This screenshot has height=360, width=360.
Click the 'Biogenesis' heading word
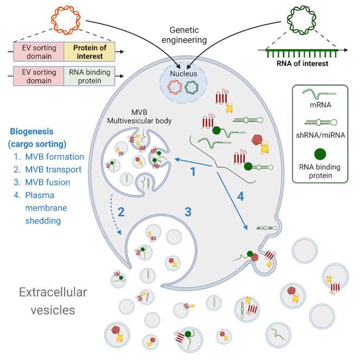(x=34, y=132)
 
